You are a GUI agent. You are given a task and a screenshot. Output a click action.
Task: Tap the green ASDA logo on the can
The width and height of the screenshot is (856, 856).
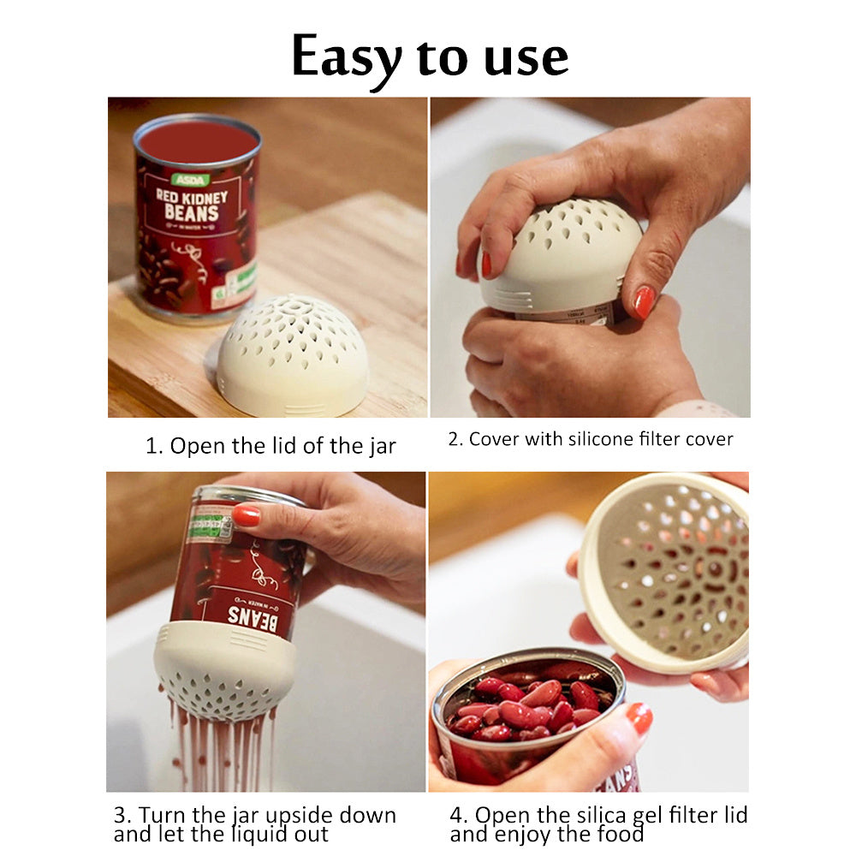click(190, 180)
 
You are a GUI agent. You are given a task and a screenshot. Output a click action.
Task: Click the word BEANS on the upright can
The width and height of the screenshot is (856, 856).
click(192, 212)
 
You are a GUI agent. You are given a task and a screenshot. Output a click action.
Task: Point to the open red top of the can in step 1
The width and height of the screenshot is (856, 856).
click(198, 141)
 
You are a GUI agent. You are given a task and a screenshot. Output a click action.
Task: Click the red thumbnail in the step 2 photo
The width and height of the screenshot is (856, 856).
click(644, 302)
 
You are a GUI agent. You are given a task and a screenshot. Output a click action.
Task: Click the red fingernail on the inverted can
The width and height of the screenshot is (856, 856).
click(247, 515)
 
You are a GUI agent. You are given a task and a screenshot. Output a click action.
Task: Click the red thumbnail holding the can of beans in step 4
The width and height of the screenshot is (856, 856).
click(639, 718)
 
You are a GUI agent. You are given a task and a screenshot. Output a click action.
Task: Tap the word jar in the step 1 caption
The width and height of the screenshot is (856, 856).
click(381, 447)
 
